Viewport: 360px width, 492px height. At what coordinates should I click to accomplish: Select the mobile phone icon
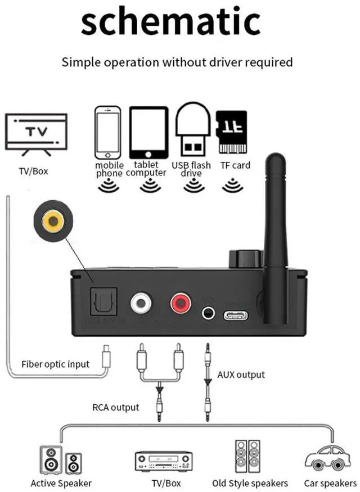tap(109, 132)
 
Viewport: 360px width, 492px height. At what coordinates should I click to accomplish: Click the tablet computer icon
tap(148, 133)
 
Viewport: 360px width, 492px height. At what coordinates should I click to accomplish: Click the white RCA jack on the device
tap(141, 304)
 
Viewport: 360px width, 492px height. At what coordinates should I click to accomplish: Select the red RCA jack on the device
tap(181, 304)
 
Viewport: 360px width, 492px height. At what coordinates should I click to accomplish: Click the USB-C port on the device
tap(235, 314)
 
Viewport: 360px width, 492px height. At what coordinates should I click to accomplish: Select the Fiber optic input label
tap(55, 364)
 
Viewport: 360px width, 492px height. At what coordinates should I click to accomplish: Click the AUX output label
tap(241, 374)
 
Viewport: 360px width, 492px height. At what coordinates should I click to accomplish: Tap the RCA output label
tap(116, 407)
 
